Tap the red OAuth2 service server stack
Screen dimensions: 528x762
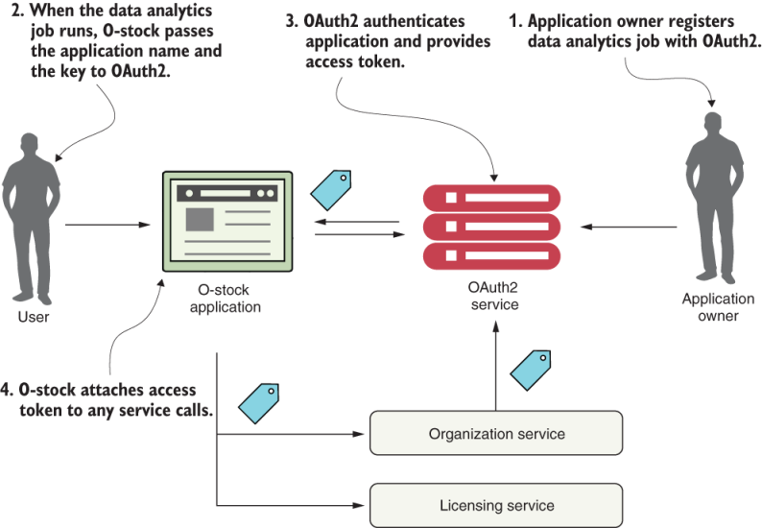(x=490, y=227)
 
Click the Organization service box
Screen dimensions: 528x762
(x=496, y=434)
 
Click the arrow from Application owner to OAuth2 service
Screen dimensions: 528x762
(x=632, y=227)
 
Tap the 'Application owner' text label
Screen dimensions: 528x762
(x=717, y=307)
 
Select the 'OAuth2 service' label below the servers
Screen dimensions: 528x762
(x=492, y=296)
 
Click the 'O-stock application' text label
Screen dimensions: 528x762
(x=226, y=298)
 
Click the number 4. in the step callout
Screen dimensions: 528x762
(x=9, y=391)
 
